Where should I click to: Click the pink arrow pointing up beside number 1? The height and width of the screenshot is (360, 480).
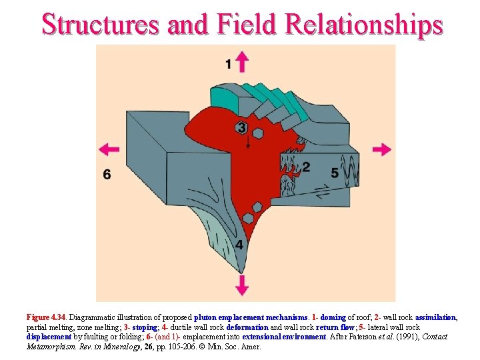coord(242,62)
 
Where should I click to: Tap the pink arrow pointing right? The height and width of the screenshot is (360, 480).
coord(382,149)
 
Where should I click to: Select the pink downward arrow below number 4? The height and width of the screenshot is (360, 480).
coord(242,286)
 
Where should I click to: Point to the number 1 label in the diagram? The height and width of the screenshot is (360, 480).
coord(228,64)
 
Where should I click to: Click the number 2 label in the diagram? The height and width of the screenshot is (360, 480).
coord(306,166)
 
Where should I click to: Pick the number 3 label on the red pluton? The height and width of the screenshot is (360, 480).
coord(241,127)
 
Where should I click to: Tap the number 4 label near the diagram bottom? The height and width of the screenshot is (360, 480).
coord(239,245)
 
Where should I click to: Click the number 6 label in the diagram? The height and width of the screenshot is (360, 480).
coord(107,174)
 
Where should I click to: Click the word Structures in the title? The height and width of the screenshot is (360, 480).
coord(101,24)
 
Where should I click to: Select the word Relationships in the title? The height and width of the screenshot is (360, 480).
coord(363,24)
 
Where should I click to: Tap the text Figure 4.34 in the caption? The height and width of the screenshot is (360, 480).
coord(47,318)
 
